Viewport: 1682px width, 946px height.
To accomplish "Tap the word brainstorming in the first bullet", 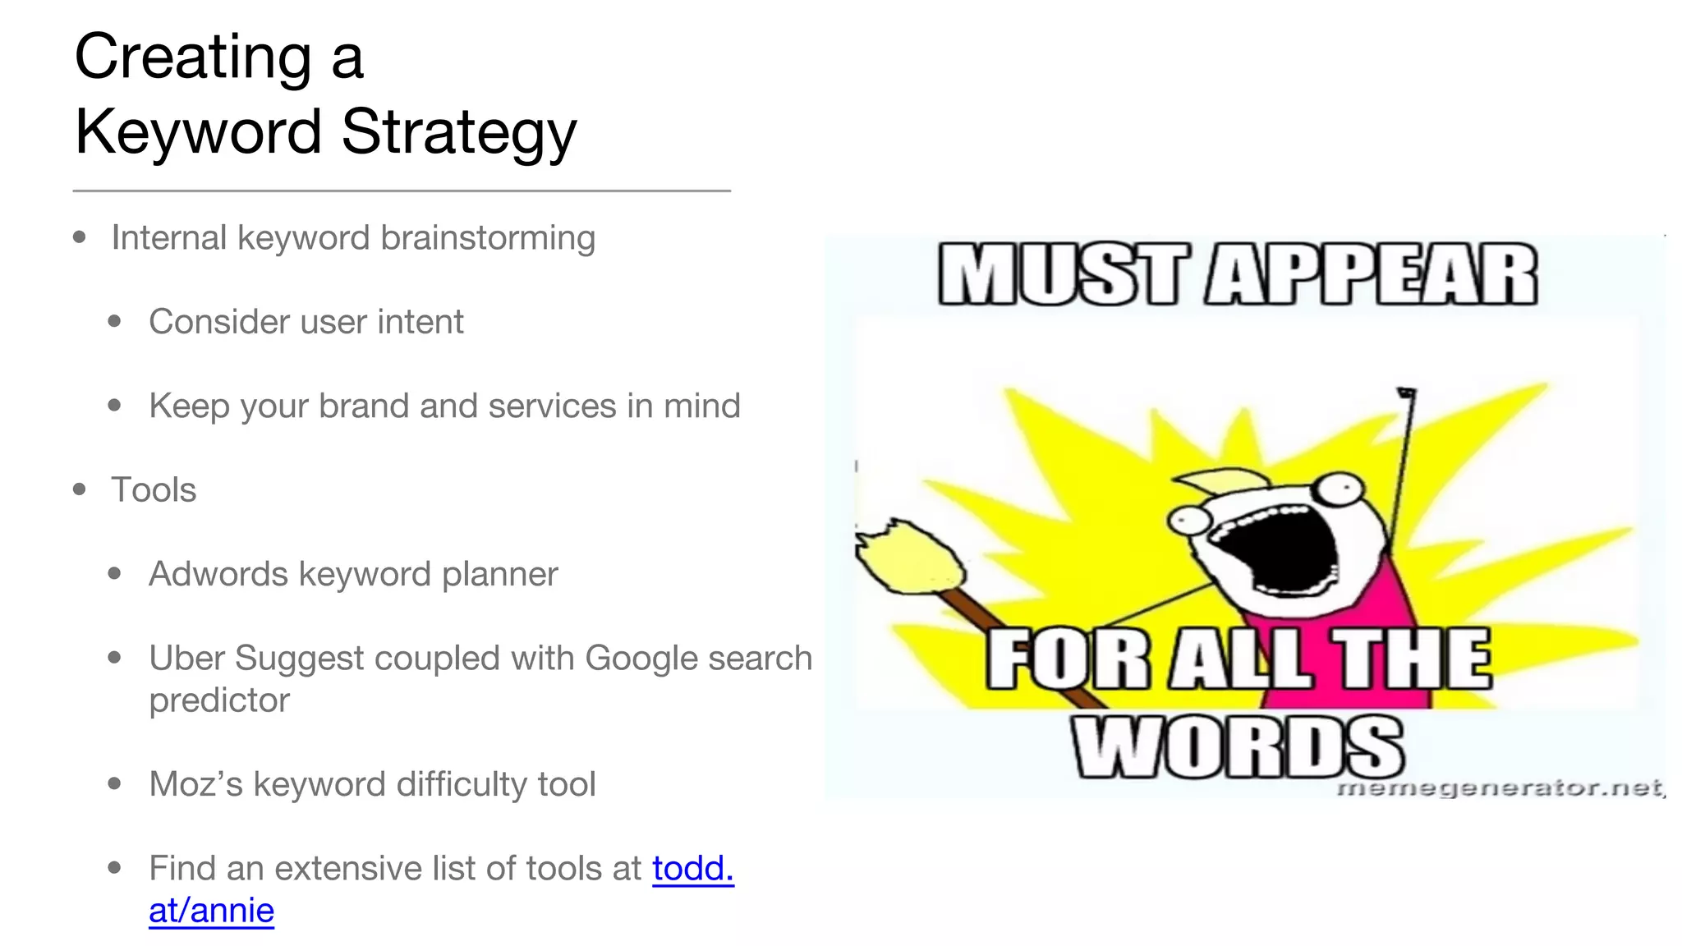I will [x=488, y=238].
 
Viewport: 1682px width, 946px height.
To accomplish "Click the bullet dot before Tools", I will [x=80, y=489].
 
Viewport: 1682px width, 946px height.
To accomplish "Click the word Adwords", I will [x=218, y=574].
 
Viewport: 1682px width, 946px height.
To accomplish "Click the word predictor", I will [x=219, y=700].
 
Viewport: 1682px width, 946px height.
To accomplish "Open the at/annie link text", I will [x=211, y=911].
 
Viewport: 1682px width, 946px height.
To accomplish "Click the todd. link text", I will [x=693, y=868].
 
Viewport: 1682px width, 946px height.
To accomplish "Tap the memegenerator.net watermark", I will [x=1500, y=788].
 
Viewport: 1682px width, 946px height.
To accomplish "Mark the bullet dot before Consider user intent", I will [x=115, y=322].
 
